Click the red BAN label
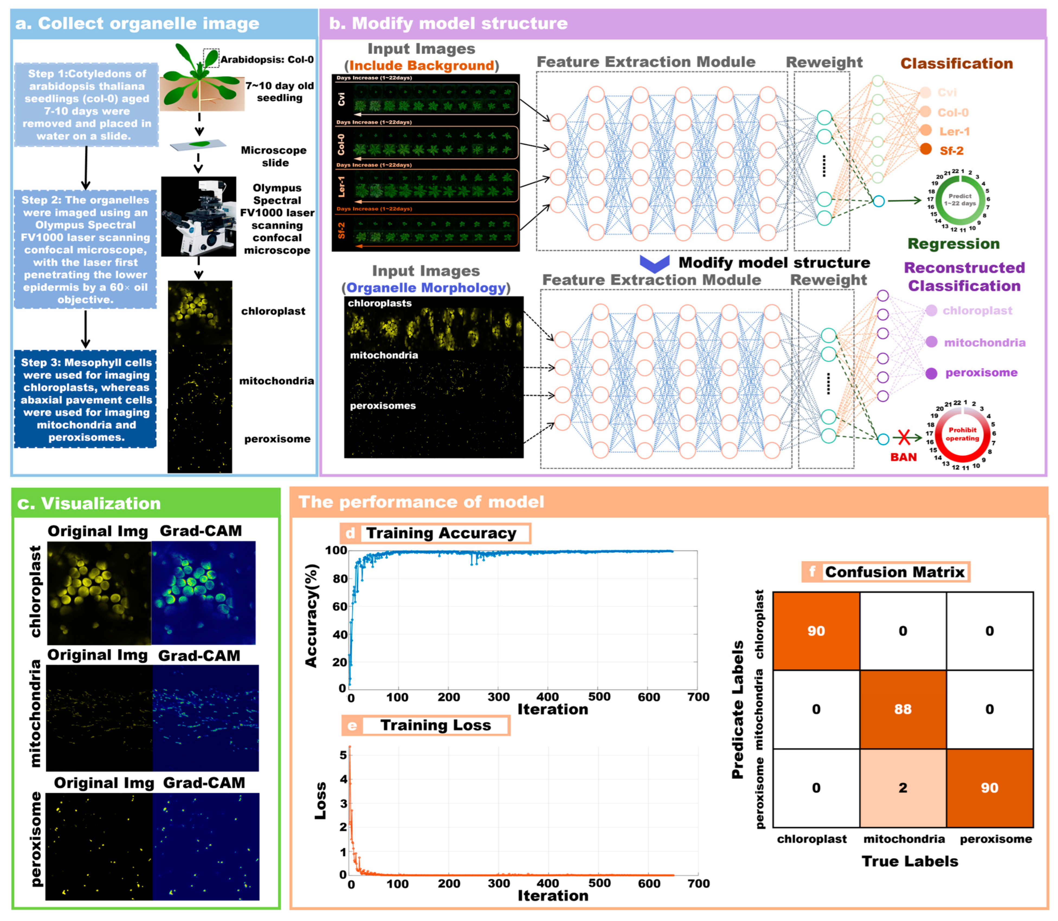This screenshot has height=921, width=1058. (903, 457)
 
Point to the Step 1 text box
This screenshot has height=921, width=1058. (86, 105)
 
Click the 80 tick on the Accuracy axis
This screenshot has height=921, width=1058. (340, 579)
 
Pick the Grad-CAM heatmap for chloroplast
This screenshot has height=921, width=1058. (204, 593)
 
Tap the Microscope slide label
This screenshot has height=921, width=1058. (274, 156)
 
